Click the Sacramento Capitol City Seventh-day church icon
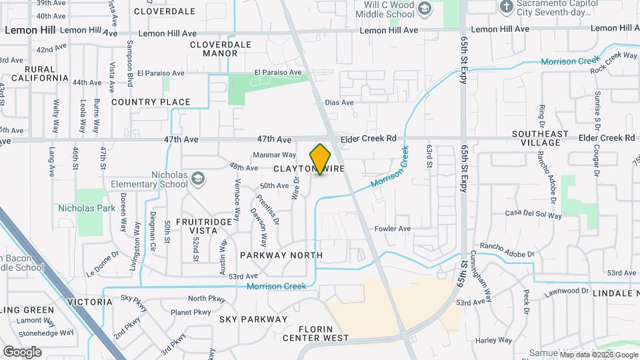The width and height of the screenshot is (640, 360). [507, 7]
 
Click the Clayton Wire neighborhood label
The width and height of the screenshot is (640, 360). [308, 169]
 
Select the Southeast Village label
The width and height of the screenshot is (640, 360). [540, 138]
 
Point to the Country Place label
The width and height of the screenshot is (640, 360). [151, 102]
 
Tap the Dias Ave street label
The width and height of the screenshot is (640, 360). [339, 103]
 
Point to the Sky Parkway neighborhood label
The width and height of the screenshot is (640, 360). [253, 319]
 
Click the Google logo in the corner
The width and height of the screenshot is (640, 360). [22, 351]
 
